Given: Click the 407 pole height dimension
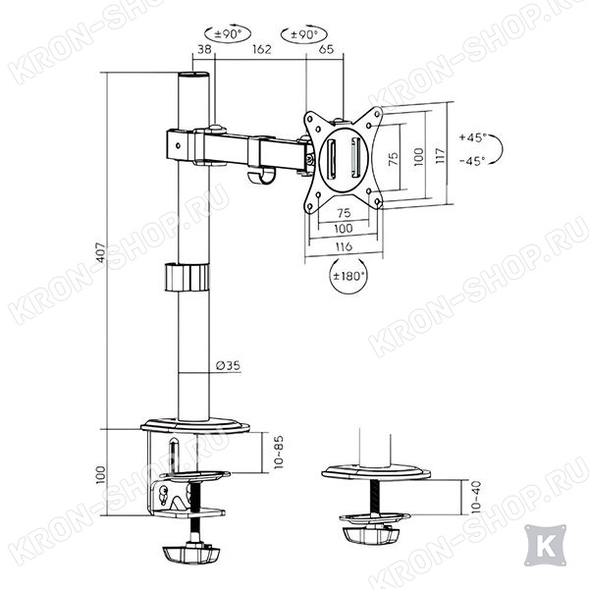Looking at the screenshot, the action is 101,251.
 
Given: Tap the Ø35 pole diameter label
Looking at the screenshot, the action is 229,365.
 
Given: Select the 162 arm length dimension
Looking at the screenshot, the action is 261,49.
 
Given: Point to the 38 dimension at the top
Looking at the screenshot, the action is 204,49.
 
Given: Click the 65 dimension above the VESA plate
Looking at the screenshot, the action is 326,49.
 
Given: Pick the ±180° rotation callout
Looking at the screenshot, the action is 348,276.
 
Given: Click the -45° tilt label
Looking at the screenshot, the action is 472,161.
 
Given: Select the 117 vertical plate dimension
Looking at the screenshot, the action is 440,155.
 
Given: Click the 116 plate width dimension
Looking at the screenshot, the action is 344,246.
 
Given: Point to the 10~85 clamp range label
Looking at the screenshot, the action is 279,452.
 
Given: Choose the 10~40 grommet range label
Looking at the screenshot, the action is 475,497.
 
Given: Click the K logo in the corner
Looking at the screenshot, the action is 545,545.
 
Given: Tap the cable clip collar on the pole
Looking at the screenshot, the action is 187,277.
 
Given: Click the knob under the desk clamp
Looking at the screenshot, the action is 190,554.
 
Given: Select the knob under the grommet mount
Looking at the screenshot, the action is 371,535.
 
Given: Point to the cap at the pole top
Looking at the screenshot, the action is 193,75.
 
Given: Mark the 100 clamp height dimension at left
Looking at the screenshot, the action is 101,475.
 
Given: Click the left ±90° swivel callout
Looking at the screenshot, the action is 228,34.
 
